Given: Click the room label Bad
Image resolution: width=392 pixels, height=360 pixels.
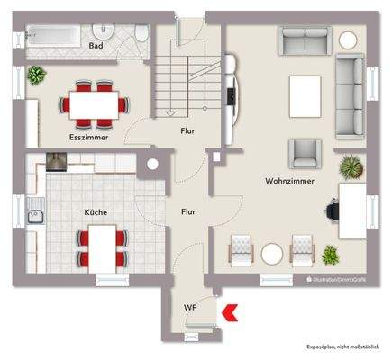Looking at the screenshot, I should click(96, 45).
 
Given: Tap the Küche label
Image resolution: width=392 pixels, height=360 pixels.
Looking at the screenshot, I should click(96, 212).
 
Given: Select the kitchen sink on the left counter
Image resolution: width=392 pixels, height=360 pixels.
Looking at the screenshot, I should click(37, 215).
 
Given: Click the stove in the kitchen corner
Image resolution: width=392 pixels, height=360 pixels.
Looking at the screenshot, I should click(56, 162).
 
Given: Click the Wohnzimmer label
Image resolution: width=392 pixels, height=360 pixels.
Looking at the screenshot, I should click(289, 181).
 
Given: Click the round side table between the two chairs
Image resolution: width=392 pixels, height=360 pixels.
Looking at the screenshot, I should click(272, 252).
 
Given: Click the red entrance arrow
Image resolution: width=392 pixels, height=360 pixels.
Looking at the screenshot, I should click(231, 312).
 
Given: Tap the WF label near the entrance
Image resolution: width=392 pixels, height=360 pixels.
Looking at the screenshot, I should click(190, 309).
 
